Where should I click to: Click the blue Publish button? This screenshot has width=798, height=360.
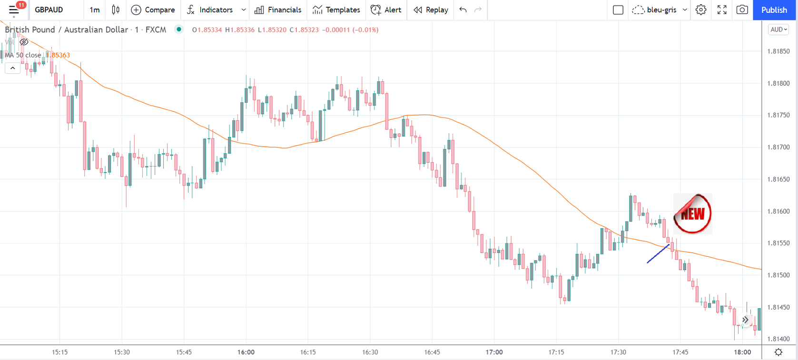coord(774,10)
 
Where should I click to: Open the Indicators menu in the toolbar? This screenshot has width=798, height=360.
coord(210,10)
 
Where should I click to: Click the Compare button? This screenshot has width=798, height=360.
coord(153,10)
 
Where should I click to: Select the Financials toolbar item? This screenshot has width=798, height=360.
coord(278,10)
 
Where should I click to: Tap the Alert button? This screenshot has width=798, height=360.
coord(386,10)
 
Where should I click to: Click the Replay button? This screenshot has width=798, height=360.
coord(431,10)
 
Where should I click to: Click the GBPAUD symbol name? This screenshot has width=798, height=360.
coord(49,10)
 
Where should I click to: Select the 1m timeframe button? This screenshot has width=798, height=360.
coord(95,10)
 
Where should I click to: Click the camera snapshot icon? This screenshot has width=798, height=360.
coord(742,10)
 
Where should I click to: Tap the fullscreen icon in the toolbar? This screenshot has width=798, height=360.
coord(722,10)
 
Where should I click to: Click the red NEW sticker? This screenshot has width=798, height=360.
coord(692,214)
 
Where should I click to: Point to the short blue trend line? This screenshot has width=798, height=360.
coord(658,253)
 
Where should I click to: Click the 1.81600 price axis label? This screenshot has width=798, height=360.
coord(778,211)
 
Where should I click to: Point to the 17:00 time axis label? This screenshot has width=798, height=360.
coord(494,352)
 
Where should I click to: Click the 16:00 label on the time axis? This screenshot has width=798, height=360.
coord(246,352)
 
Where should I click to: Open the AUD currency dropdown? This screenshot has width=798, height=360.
coord(778,29)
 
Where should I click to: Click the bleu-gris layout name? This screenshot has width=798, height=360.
coord(661,10)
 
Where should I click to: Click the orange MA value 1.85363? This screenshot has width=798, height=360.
coord(59,55)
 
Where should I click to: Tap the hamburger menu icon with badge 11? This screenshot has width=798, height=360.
coord(14,10)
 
